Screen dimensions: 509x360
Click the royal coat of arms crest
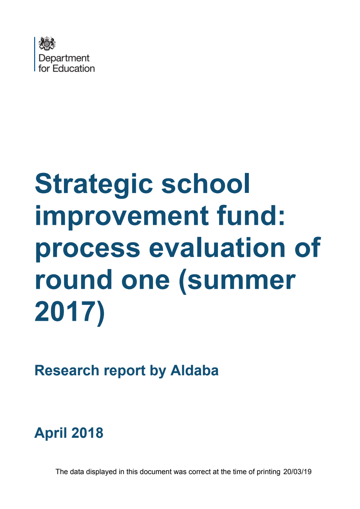pos(47,44)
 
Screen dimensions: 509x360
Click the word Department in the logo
pos(64,58)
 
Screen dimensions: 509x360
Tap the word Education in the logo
pos(74,68)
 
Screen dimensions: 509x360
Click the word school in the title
pos(206,184)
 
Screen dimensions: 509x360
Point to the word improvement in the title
pos(122,216)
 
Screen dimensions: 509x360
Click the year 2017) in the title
pos(69,312)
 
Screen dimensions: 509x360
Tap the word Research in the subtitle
pos(67,371)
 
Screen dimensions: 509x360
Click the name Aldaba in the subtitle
pos(194,371)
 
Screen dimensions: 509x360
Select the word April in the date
pos(50,433)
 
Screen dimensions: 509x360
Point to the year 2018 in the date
pos(87,433)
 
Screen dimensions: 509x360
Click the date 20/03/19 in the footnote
pos(297,472)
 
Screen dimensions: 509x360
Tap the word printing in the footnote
pos(268,472)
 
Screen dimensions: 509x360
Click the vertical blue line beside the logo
pos(35,54)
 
